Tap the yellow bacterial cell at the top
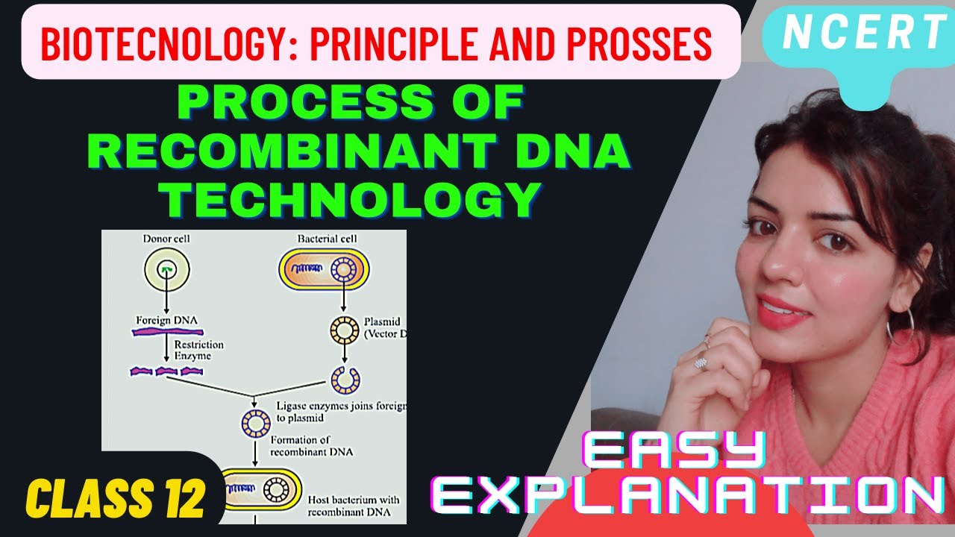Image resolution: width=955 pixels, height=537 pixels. click(324, 270)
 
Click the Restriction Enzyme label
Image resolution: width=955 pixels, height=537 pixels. click(198, 351)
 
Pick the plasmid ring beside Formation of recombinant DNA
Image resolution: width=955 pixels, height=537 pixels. click(255, 423)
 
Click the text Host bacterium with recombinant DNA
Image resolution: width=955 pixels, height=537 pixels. click(354, 505)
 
